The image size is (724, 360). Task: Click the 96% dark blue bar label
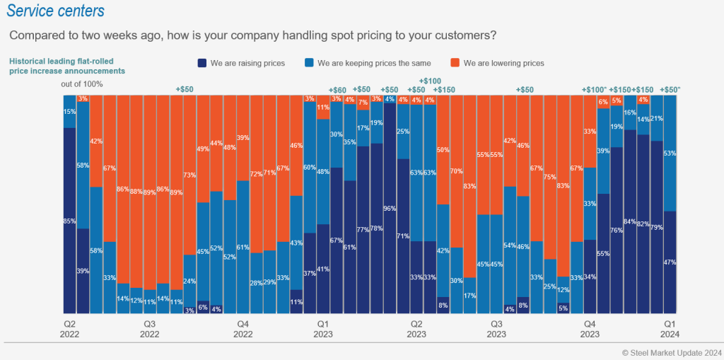[x=389, y=209]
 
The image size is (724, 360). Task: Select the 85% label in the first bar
[x=69, y=221]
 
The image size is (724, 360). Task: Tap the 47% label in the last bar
[x=670, y=262]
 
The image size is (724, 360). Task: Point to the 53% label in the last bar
[x=670, y=153]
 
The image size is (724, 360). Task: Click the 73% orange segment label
[x=189, y=175]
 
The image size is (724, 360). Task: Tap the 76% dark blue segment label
[x=616, y=230]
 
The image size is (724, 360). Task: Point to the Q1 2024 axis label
[x=669, y=327]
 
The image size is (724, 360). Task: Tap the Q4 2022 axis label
[x=243, y=327]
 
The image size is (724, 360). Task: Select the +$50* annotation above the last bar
[x=670, y=90]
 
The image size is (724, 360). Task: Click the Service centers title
[x=56, y=11]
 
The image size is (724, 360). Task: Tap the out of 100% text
[x=82, y=84]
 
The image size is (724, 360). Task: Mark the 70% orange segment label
[x=456, y=171]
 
